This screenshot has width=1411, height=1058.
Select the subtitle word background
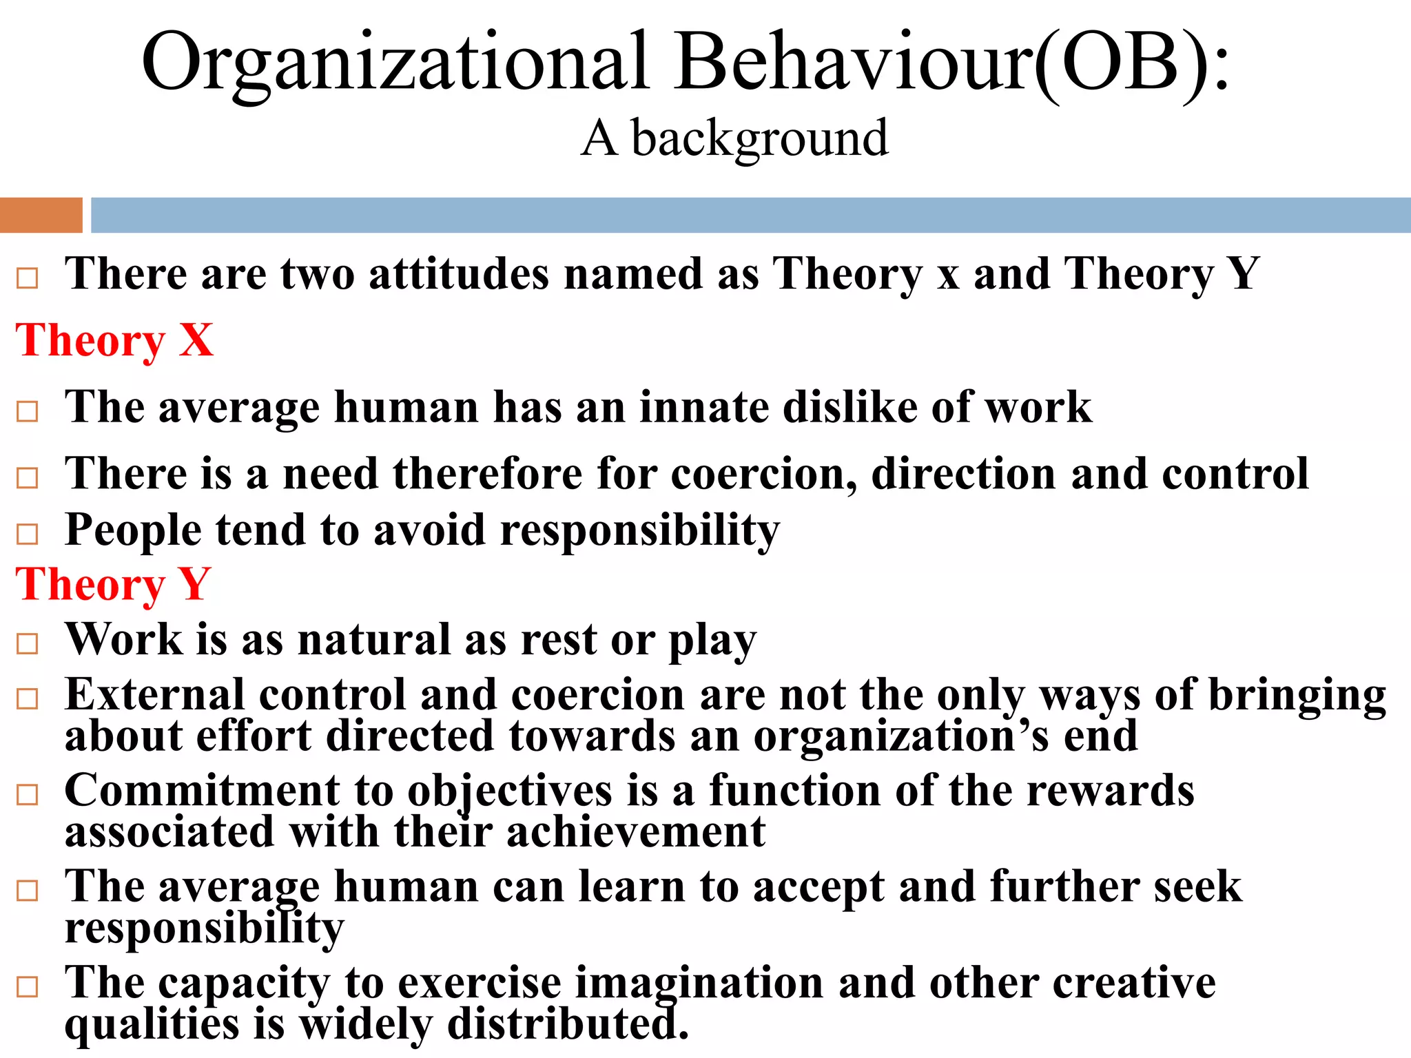point(759,140)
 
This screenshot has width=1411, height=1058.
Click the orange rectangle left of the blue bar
point(41,215)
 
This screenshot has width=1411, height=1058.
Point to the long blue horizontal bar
point(751,215)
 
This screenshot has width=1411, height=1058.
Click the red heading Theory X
point(114,340)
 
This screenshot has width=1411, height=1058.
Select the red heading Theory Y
point(113,585)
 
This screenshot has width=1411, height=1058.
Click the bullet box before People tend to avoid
point(28,534)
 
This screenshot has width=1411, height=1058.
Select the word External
point(154,695)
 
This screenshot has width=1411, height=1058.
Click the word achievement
point(635,832)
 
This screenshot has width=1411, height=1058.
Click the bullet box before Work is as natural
point(28,644)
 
